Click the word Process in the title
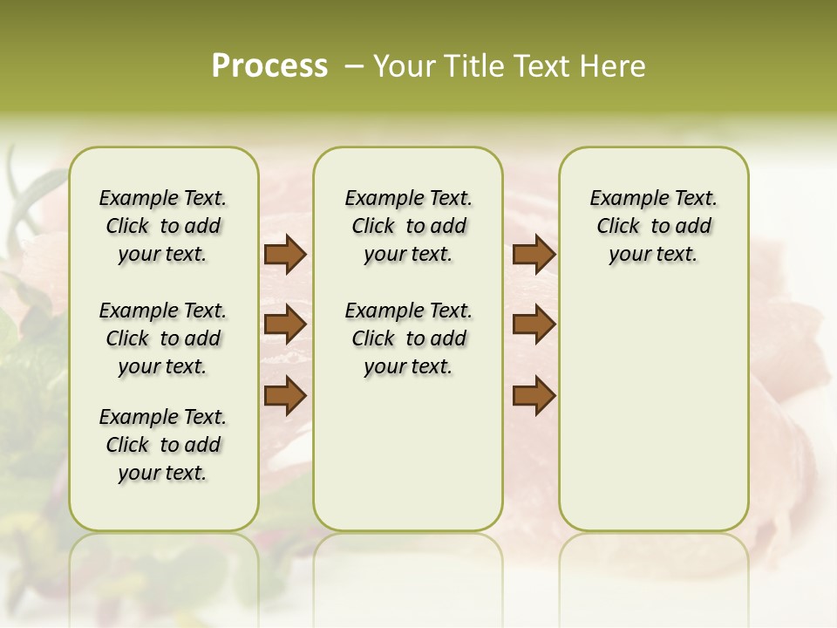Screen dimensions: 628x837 pos(269,66)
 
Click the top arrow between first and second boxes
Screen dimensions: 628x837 pos(285,255)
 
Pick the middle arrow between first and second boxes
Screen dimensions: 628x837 pos(285,324)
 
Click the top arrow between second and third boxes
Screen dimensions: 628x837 pos(534,255)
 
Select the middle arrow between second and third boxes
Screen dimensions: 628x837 pos(534,324)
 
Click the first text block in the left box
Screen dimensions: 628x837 pos(163,226)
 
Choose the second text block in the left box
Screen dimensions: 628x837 pos(163,338)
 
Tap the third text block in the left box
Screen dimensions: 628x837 pos(163,445)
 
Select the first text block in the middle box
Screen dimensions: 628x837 pos(408,226)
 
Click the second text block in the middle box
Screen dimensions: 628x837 pos(408,338)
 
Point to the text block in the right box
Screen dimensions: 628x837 pos(653,226)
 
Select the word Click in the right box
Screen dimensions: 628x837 pos(619,227)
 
